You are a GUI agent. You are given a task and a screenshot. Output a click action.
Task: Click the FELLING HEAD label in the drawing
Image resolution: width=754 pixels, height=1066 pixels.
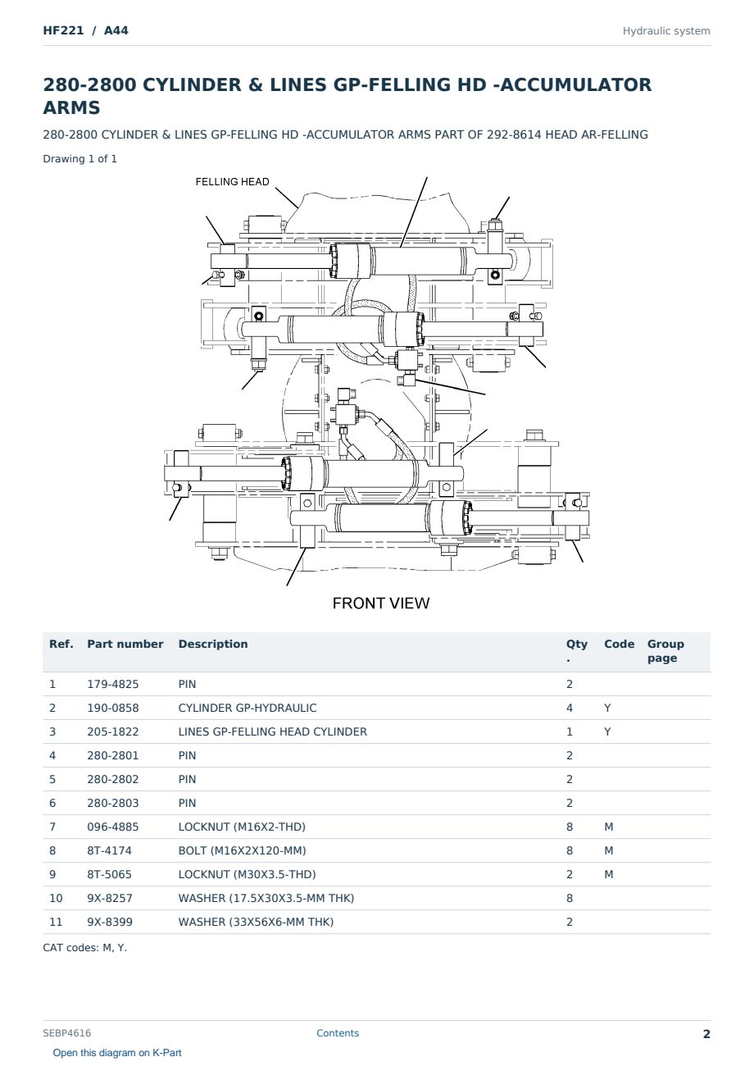click(232, 182)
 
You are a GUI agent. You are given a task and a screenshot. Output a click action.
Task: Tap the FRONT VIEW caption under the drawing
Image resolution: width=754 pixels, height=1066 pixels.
click(380, 604)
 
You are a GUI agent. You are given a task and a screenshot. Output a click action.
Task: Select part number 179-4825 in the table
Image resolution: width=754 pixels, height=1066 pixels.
click(113, 685)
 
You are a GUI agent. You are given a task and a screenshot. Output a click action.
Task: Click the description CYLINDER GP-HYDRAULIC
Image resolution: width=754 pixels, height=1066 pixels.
click(248, 708)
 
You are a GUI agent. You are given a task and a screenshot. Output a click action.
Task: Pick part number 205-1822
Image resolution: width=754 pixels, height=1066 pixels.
click(113, 732)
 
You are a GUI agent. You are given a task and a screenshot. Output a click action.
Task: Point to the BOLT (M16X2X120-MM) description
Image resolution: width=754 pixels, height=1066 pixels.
click(242, 851)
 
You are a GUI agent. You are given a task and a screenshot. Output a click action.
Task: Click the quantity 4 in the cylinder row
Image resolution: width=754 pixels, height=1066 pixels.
click(570, 708)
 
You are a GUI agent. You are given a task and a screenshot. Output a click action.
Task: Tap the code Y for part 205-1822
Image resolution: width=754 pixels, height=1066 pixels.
click(607, 732)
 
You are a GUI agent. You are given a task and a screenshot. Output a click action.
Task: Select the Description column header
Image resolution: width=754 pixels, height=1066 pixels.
click(213, 645)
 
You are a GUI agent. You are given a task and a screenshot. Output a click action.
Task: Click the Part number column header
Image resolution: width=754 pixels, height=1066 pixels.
click(125, 645)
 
